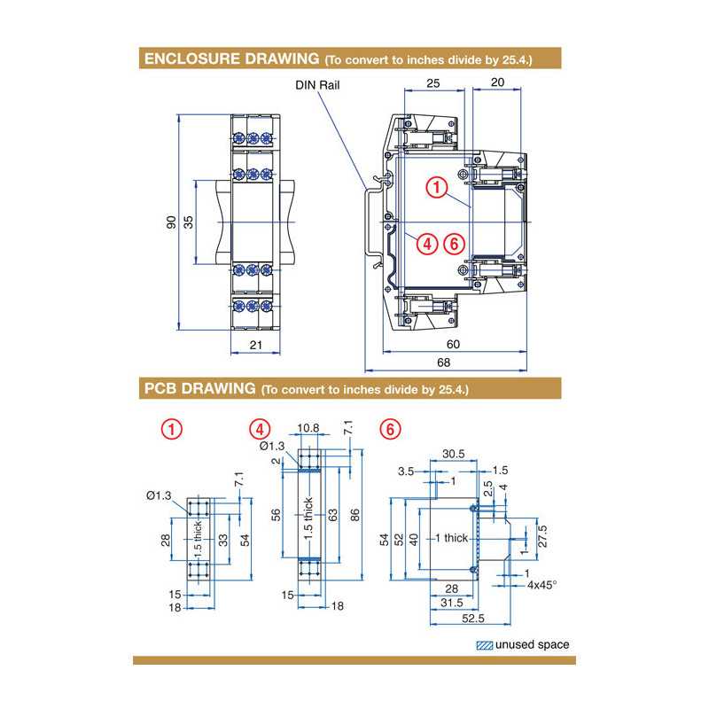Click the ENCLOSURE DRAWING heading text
pos(230,59)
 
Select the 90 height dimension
pos(171,222)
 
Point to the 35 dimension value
pos(188,222)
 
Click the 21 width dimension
pos(255,344)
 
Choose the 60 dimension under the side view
pos(452,344)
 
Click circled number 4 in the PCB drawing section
pos(260,429)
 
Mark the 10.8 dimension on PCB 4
pos(309,428)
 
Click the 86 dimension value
pos(355,516)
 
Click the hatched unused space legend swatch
pos(484,645)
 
